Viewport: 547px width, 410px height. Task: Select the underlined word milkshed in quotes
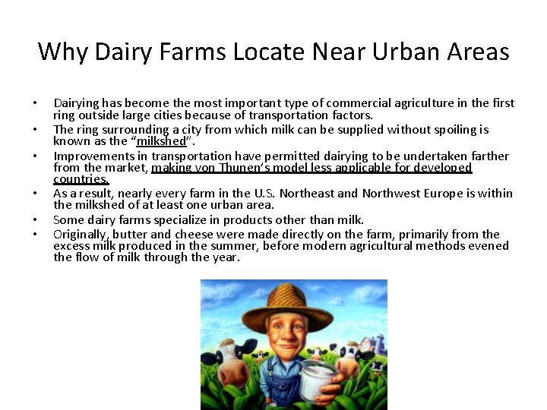[x=161, y=141]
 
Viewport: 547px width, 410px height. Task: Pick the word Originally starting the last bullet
[x=80, y=235]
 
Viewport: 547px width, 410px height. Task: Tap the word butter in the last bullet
[x=130, y=235]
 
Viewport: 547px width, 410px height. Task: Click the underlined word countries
[x=81, y=180]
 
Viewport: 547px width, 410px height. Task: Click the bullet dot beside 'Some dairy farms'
[x=35, y=220]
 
